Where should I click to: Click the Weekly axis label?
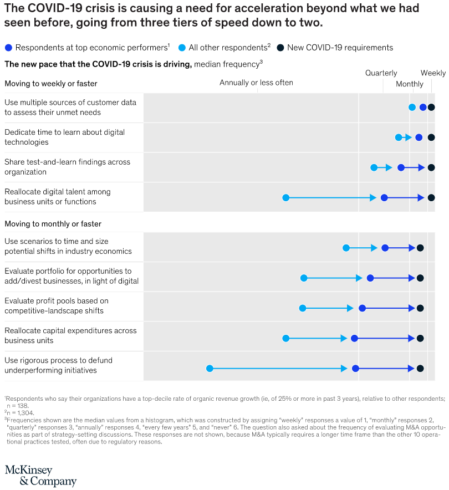point(433,73)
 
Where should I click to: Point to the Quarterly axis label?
point(381,73)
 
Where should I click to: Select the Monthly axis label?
point(410,84)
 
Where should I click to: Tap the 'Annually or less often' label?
point(256,83)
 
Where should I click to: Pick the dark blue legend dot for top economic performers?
point(8,48)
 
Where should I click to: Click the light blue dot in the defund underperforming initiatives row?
point(210,368)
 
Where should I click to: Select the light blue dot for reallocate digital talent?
point(286,197)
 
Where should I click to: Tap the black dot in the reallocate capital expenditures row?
point(420,338)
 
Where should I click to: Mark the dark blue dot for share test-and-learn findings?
point(401,167)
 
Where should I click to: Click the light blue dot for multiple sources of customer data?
point(412,108)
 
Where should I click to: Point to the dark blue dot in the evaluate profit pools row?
point(362,308)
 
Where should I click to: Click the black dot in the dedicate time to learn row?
point(431,137)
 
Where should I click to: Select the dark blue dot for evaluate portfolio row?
point(370,278)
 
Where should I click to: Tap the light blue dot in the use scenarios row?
point(346,248)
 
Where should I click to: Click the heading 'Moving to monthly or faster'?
point(53,224)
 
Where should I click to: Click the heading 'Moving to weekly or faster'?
point(50,84)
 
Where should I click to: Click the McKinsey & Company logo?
point(40,476)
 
